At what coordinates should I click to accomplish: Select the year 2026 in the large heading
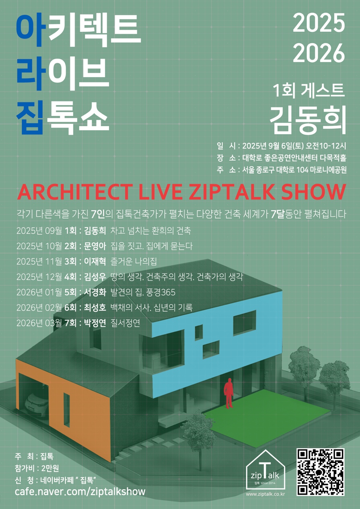click(319, 53)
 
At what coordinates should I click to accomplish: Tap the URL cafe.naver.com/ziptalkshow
click(80, 491)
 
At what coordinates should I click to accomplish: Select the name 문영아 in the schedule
click(95, 246)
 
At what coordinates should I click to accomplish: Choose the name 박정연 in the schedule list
click(95, 323)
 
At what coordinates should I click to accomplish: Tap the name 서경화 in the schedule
click(95, 292)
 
